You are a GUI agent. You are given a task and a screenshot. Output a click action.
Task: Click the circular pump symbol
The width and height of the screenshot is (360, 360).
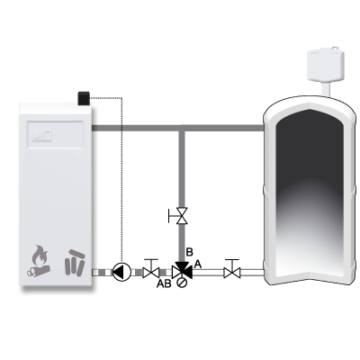tap(121, 273)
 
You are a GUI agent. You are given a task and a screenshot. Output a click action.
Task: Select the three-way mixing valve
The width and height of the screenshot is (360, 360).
tap(182, 272)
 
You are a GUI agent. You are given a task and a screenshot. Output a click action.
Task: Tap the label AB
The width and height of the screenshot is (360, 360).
tap(164, 283)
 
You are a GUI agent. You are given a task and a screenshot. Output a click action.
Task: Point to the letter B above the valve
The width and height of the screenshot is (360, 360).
tap(189, 252)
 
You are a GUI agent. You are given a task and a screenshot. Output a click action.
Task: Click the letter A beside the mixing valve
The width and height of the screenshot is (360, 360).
tap(198, 265)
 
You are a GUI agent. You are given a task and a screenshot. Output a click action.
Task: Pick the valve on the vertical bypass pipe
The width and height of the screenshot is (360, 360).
tap(179, 216)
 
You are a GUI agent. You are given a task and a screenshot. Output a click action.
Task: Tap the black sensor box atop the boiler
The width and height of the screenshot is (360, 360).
tap(84, 98)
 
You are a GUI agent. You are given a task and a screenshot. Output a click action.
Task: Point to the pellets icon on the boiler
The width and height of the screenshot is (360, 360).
tap(75, 263)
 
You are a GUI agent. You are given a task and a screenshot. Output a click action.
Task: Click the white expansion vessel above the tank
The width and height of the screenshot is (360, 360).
tap(326, 66)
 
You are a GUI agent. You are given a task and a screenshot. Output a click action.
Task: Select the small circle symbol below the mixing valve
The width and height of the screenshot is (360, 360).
tap(182, 283)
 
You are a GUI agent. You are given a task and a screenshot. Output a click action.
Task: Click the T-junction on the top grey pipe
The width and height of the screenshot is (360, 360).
tap(182, 128)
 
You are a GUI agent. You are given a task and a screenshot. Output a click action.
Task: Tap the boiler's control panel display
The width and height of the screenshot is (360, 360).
tap(55, 134)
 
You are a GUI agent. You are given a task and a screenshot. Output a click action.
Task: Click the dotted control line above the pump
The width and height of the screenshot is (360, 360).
tap(121, 180)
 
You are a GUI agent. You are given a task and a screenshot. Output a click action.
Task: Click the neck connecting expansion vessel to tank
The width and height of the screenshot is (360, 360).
tap(326, 89)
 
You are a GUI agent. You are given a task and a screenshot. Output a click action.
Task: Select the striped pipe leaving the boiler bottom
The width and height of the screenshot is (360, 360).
tap(102, 273)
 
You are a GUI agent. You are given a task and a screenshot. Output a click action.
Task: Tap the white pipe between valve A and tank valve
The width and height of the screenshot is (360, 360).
tap(208, 273)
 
